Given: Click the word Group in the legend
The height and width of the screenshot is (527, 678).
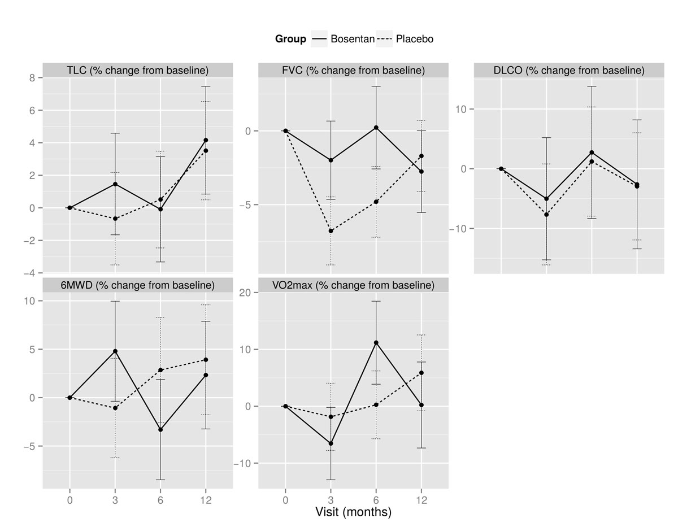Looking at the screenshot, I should pyautogui.click(x=290, y=39).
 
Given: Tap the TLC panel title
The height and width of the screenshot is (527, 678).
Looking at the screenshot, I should pyautogui.click(x=138, y=70).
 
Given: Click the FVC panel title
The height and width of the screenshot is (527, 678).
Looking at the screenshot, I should pyautogui.click(x=353, y=70).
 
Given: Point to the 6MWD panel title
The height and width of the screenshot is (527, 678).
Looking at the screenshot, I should pyautogui.click(x=138, y=285).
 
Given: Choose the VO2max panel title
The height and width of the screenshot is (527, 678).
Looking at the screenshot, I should pyautogui.click(x=353, y=285).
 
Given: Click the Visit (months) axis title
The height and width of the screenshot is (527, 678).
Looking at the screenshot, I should pyautogui.click(x=353, y=512).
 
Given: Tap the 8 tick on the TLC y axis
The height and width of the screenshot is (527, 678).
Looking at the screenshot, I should pyautogui.click(x=32, y=78).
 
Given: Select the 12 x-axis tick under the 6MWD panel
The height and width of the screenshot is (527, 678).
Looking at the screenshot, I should pyautogui.click(x=206, y=500).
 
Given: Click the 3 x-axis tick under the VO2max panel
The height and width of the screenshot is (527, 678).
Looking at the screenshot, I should pyautogui.click(x=331, y=500).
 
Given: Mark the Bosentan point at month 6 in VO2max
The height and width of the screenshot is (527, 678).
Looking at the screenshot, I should pyautogui.click(x=376, y=342).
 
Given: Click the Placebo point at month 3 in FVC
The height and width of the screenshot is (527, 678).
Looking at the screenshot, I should pyautogui.click(x=331, y=231).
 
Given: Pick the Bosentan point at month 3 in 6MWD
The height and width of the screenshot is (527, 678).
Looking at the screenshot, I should pyautogui.click(x=115, y=351).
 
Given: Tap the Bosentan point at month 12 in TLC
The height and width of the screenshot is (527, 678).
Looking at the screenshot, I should pyautogui.click(x=206, y=140).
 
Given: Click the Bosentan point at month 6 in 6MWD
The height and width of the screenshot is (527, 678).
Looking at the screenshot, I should pyautogui.click(x=160, y=430).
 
